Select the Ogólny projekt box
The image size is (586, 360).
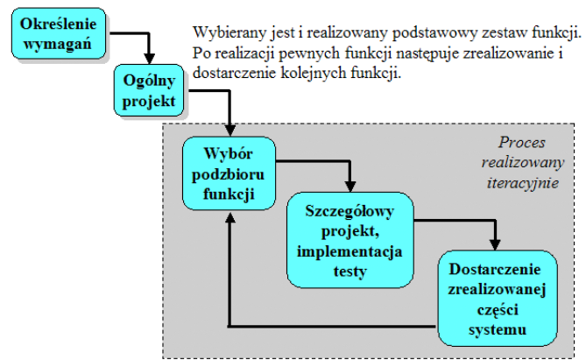pyautogui.click(x=151, y=90)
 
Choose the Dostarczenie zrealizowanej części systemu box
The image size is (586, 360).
pyautogui.click(x=497, y=298)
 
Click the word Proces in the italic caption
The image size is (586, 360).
pyautogui.click(x=522, y=143)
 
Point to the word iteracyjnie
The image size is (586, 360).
pyautogui.click(x=524, y=185)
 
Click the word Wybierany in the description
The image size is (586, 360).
pyautogui.click(x=226, y=32)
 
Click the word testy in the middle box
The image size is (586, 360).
pyautogui.click(x=349, y=271)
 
